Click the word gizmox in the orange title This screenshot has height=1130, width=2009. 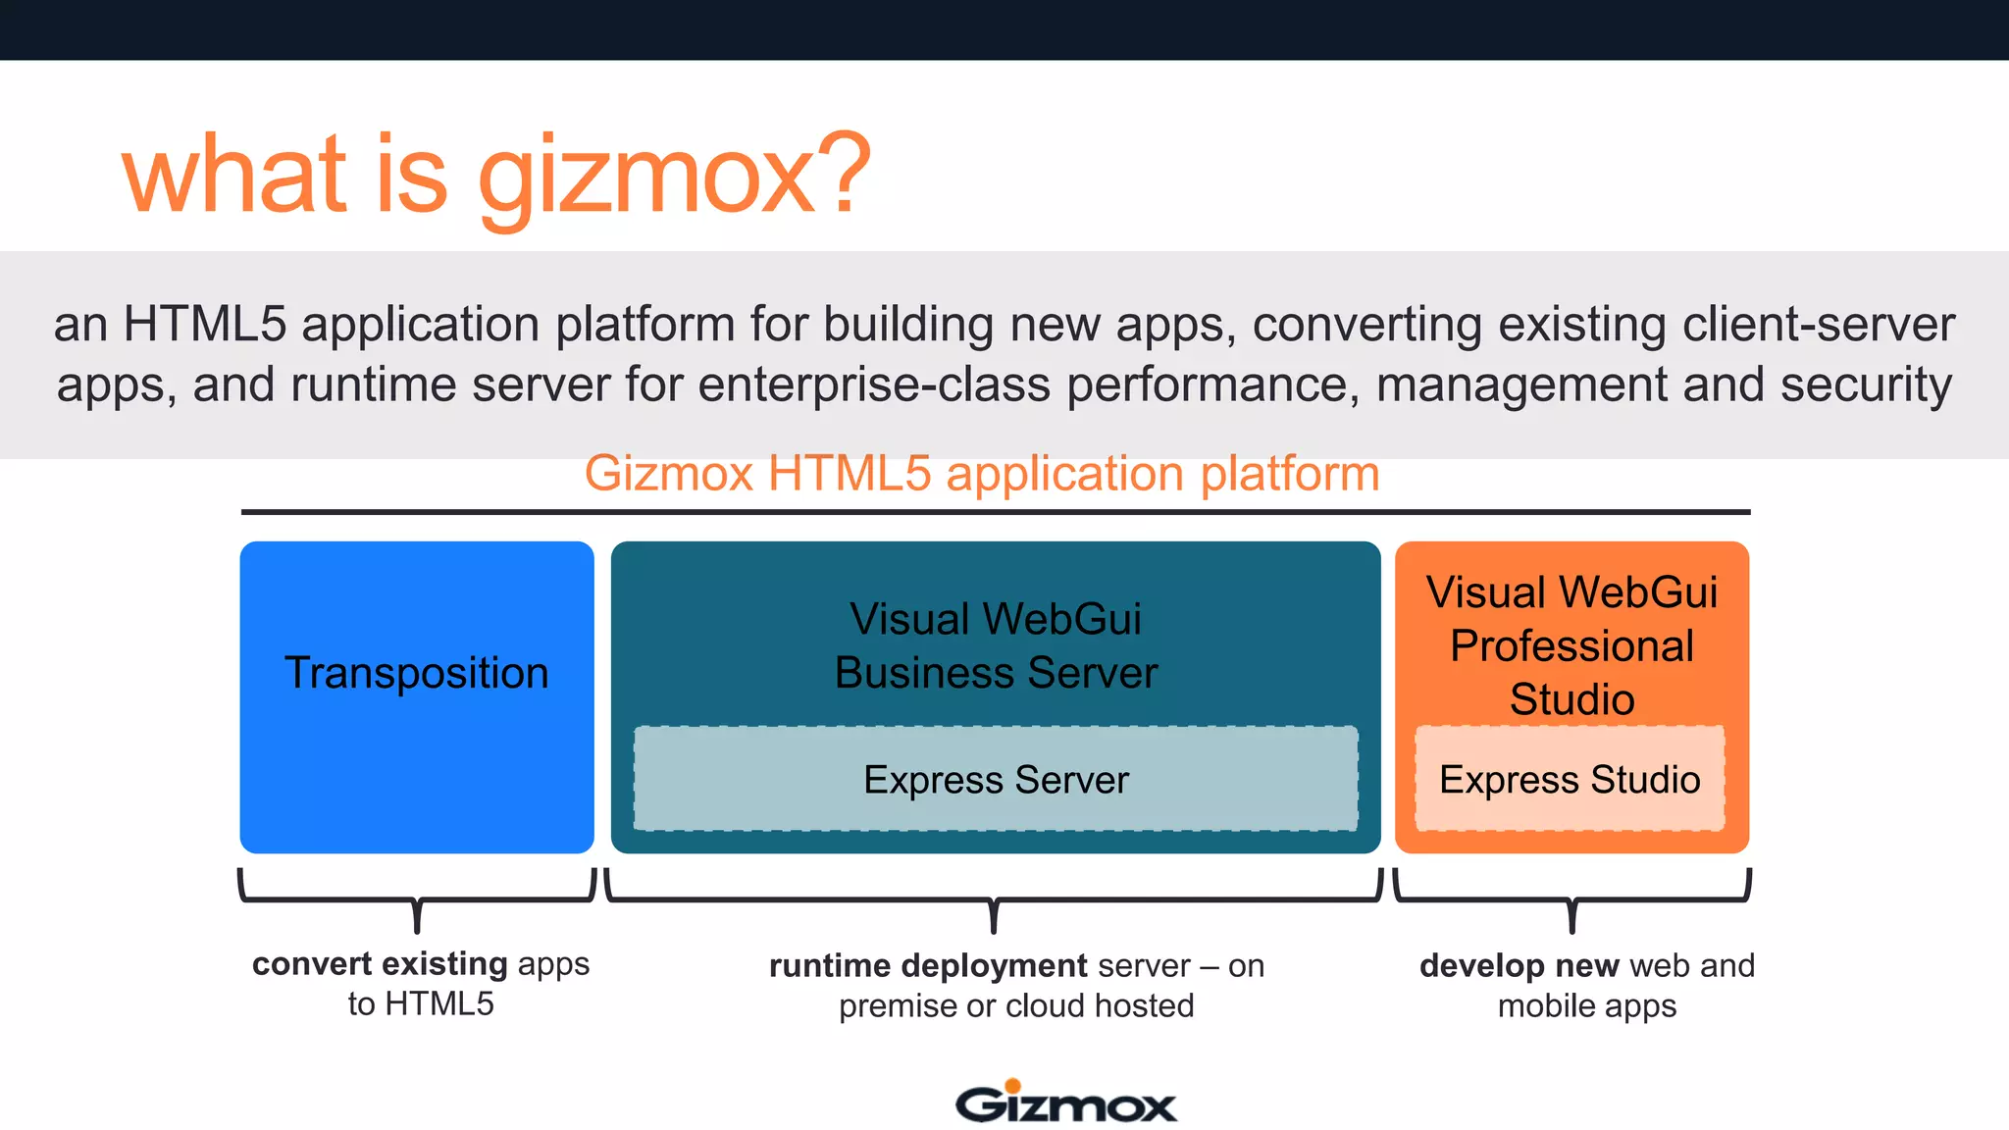647,177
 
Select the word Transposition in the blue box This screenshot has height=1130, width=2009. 417,673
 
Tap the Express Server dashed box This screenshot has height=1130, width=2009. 996,779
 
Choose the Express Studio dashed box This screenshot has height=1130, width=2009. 1570,779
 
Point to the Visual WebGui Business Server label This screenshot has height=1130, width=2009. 996,645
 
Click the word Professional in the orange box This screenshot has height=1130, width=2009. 1571,645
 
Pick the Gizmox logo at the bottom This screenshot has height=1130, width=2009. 1065,1103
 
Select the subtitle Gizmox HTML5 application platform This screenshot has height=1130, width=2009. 982,474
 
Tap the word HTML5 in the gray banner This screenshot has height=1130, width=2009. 204,324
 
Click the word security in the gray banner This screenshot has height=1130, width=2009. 1866,385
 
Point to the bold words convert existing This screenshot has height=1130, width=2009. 380,964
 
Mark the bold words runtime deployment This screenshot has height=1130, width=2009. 928,966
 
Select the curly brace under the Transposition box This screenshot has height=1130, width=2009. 417,899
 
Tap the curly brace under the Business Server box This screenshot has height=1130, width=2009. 994,899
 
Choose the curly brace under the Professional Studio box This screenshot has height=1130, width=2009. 1571,899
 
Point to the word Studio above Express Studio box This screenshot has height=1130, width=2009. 1571,699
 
